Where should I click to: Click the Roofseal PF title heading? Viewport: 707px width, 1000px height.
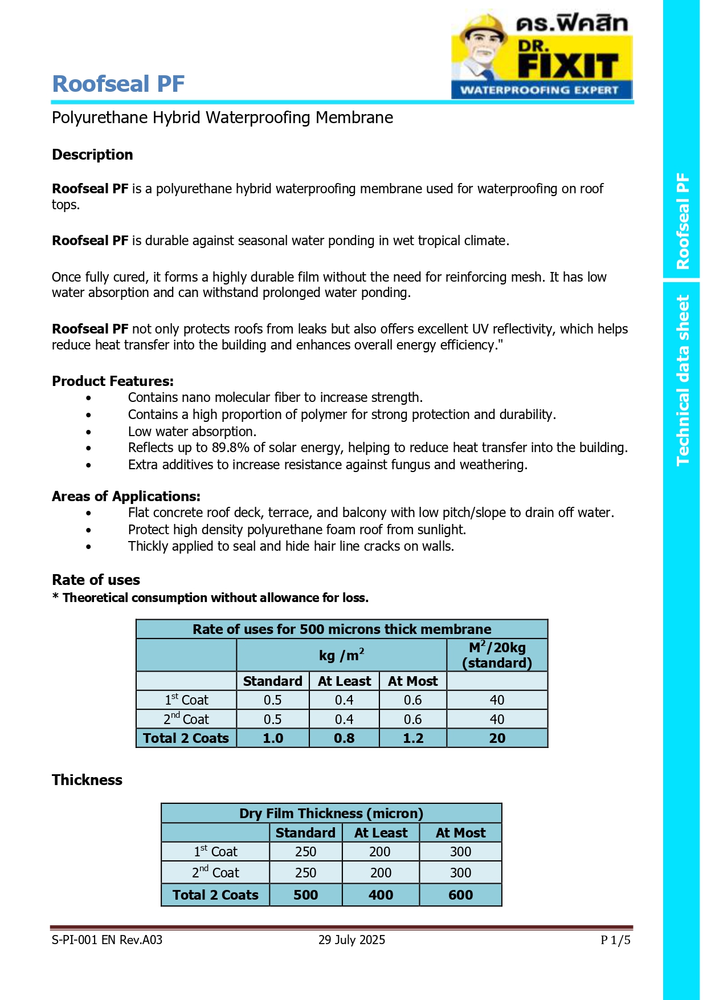[x=118, y=84]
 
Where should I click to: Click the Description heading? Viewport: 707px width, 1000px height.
[x=92, y=155]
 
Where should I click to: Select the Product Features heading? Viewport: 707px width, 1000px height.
[x=113, y=381]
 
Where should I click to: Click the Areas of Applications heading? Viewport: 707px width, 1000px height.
[x=126, y=496]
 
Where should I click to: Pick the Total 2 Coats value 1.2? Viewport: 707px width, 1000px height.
[x=413, y=738]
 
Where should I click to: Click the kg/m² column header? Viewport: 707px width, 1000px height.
[x=341, y=655]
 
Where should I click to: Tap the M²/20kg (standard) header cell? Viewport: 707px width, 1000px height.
[x=497, y=655]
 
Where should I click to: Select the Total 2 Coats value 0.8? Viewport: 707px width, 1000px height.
[x=344, y=738]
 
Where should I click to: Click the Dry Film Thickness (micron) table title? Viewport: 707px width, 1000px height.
[x=331, y=813]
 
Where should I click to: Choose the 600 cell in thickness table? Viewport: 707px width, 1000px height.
[x=460, y=895]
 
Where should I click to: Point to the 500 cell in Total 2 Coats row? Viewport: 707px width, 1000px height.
[x=305, y=895]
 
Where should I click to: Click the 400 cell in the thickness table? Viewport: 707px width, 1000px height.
[x=381, y=895]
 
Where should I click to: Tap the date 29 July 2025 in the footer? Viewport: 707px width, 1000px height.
[x=352, y=940]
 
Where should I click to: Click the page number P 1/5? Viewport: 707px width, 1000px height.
[x=615, y=940]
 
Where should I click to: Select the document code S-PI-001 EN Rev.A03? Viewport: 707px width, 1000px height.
[x=107, y=940]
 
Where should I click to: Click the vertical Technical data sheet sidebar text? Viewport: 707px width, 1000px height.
[x=682, y=380]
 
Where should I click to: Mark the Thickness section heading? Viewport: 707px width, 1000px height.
[x=87, y=780]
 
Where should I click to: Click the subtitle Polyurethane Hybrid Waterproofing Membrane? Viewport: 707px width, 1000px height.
[x=222, y=117]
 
